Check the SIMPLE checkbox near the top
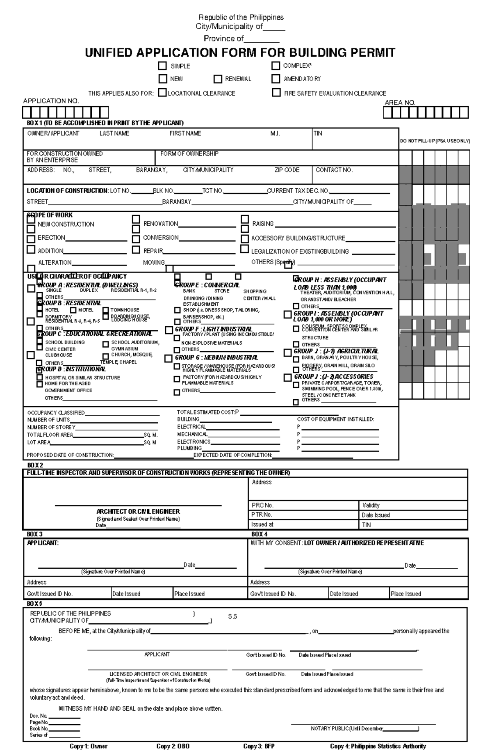point(163,66)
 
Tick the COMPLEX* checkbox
point(276,66)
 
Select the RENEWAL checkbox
point(218,79)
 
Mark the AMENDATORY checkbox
point(276,78)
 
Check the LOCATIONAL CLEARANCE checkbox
point(162,93)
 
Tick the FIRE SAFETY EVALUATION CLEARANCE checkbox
point(276,93)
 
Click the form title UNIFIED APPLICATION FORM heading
point(240,53)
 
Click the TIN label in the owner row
point(318,133)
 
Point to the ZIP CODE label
point(287,170)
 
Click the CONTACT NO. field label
point(334,170)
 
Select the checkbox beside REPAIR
point(136,249)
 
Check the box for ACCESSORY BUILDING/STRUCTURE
point(245,238)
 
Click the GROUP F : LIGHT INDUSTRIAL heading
point(213,329)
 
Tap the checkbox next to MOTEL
point(73,310)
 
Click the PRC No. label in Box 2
point(262,505)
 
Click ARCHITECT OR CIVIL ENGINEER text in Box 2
point(138,512)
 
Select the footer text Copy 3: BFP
point(259,746)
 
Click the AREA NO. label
point(400,103)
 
